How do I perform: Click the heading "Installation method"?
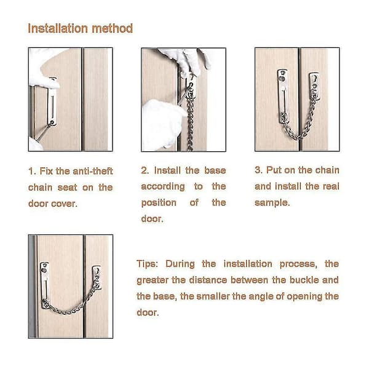(80, 29)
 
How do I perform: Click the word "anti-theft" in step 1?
(93, 171)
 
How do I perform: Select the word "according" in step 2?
(163, 187)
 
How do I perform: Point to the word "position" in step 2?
(159, 203)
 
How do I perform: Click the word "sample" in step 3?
(271, 203)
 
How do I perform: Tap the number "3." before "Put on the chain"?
(258, 170)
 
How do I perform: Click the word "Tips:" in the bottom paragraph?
(147, 264)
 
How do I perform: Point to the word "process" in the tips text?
(298, 264)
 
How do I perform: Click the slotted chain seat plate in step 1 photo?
(52, 101)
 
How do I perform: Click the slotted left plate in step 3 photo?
(284, 96)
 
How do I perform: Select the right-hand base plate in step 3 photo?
(314, 86)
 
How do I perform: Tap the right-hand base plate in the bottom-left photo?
(97, 278)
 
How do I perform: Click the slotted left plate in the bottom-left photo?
(45, 285)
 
